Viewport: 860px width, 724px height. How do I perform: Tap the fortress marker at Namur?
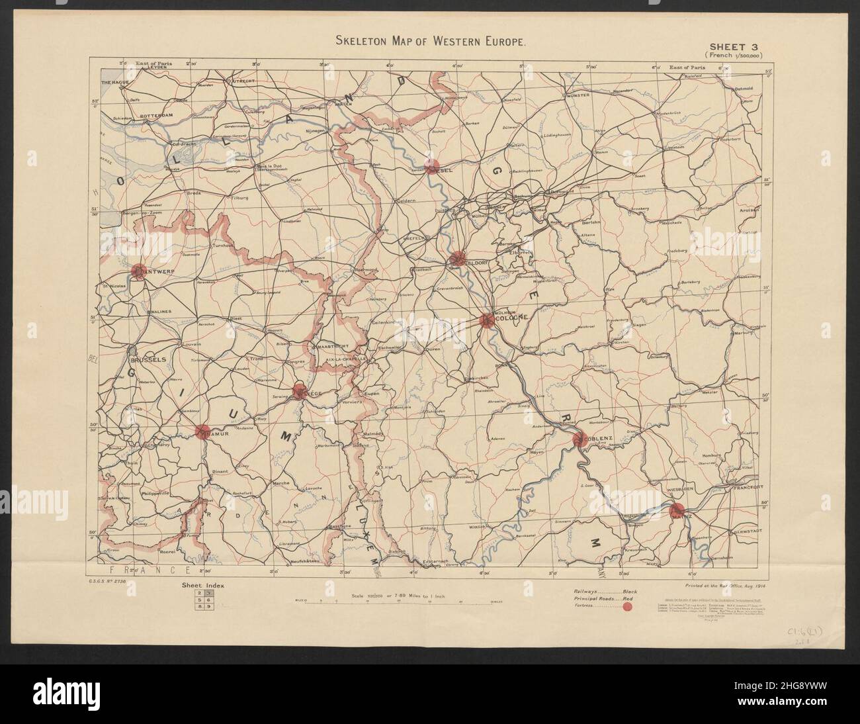[202, 432]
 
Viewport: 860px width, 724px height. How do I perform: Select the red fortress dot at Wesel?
[431, 165]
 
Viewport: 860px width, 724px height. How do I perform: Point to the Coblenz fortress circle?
[580, 438]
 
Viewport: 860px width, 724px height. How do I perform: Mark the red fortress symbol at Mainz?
[676, 510]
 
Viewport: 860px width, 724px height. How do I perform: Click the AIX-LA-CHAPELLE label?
[347, 360]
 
